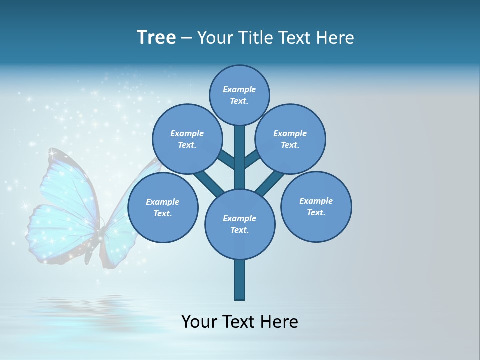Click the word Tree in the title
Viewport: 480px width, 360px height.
pos(156,37)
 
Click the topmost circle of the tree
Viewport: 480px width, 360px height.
pos(239,95)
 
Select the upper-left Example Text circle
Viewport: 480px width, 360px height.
pos(187,139)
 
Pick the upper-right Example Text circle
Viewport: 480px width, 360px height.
pos(290,139)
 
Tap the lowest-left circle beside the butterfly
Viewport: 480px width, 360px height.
pos(163,207)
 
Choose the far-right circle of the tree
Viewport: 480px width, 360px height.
pos(316,206)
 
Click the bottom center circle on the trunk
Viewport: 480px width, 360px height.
pos(240,224)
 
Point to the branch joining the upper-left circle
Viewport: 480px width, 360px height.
pos(226,161)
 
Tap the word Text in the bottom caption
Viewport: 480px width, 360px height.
pos(238,321)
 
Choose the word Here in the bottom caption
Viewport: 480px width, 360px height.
pos(280,321)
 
